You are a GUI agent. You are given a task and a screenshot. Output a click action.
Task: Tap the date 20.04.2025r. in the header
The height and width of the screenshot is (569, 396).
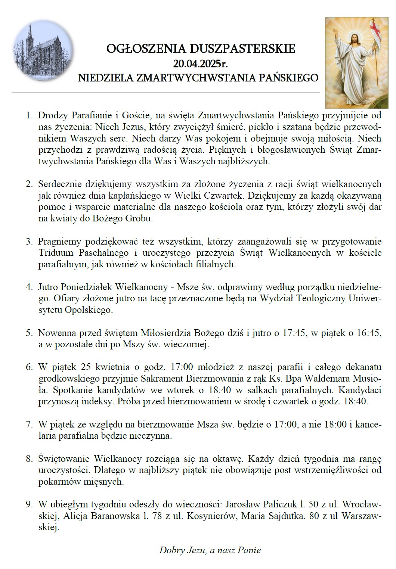pyautogui.click(x=201, y=63)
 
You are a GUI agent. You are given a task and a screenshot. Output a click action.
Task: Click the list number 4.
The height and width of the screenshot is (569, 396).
pyautogui.click(x=28, y=288)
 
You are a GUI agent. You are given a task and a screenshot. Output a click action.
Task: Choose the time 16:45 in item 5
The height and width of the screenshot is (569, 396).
pyautogui.click(x=369, y=333)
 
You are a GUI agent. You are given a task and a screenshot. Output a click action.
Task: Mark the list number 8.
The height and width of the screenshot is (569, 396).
pyautogui.click(x=28, y=459)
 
